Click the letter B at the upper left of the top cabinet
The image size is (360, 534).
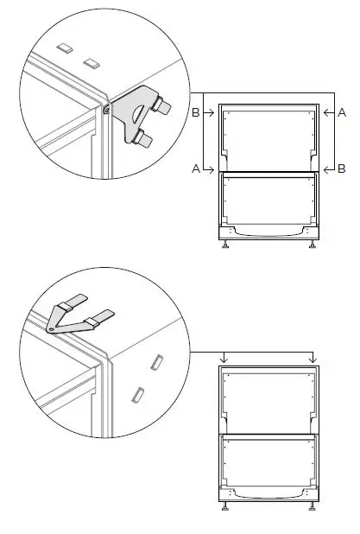tap(195, 112)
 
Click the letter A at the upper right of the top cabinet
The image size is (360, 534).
tap(342, 112)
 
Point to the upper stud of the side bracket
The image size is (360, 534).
tap(161, 105)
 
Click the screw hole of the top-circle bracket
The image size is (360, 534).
tap(105, 110)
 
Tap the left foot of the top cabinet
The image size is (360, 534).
tap(226, 245)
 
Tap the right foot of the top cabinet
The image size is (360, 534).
tap(312, 245)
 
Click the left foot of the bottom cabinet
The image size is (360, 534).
tap(226, 506)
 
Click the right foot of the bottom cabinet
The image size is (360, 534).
tap(312, 506)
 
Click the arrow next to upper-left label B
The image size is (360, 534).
tap(209, 112)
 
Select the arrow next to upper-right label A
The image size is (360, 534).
tap(328, 112)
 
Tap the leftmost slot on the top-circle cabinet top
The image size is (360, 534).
tap(62, 45)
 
